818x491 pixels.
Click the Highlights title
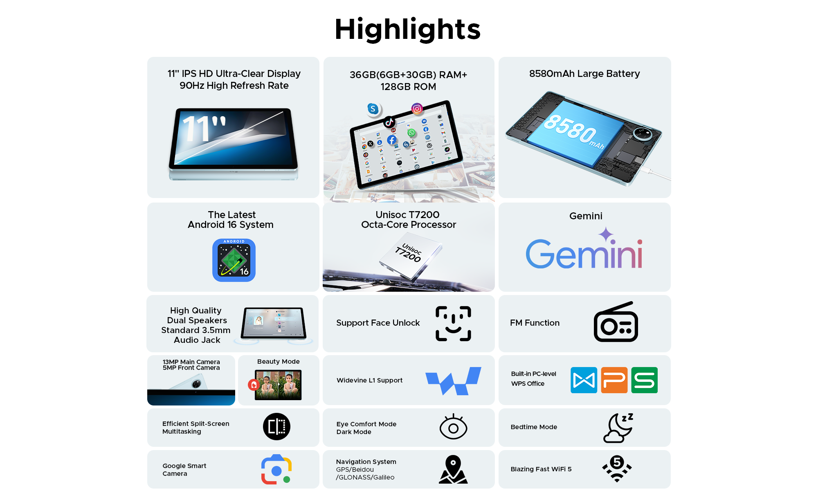(408, 29)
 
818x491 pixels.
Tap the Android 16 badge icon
(234, 260)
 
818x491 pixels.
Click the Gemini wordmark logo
(584, 250)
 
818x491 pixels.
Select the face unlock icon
(453, 323)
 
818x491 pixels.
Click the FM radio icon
(616, 322)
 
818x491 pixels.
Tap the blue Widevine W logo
(453, 381)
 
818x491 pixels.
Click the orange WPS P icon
(614, 380)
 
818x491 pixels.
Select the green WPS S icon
(644, 380)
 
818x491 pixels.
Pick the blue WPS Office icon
(584, 380)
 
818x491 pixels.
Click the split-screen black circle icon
(276, 426)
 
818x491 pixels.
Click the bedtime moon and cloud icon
(618, 428)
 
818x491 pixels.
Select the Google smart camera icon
(276, 469)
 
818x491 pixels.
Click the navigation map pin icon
(453, 469)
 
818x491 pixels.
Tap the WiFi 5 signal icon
(617, 468)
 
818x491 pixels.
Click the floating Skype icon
(373, 109)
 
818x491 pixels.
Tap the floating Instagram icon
(417, 108)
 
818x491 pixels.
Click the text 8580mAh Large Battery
(584, 74)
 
